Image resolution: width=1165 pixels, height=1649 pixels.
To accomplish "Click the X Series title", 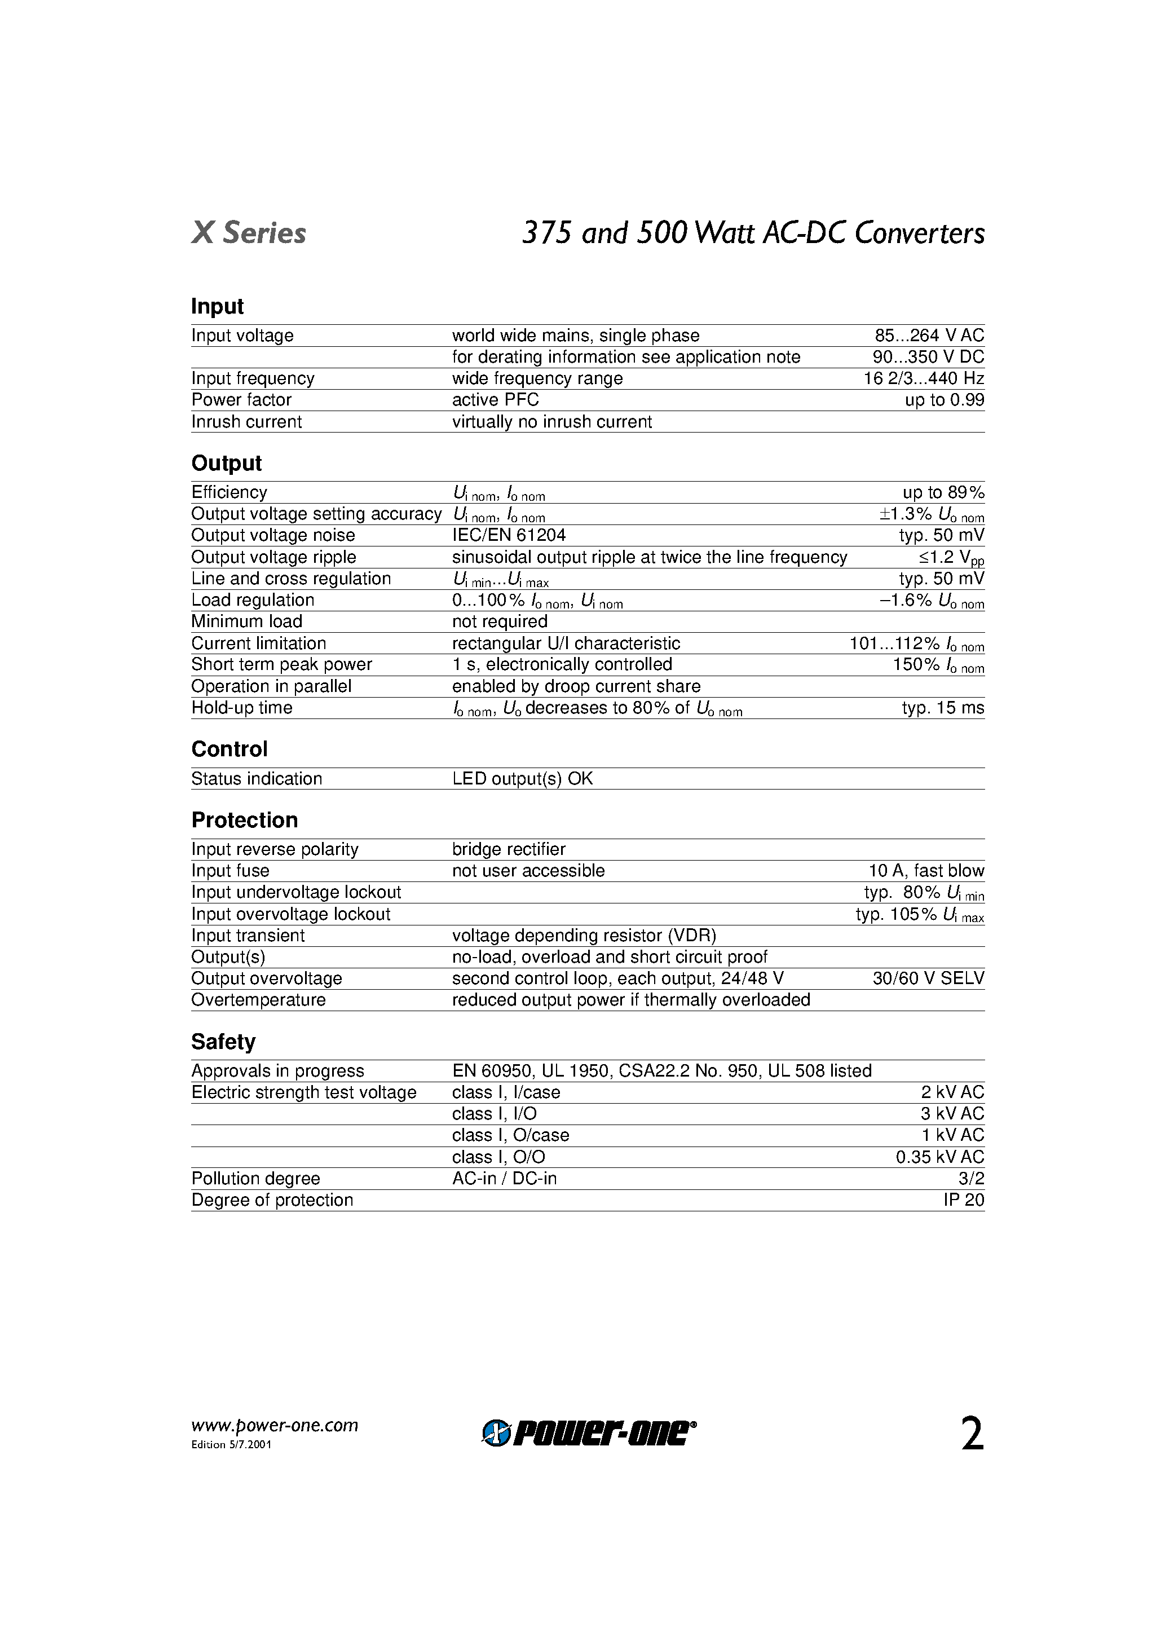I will point(249,233).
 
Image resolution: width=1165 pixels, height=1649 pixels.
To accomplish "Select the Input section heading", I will point(217,306).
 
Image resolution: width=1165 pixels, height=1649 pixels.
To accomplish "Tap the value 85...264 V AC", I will point(929,336).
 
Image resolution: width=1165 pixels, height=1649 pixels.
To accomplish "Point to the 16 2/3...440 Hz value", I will point(923,378).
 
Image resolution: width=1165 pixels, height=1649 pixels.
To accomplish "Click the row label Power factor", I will point(241,400).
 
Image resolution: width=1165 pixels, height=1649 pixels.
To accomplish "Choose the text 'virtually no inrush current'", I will point(551,422).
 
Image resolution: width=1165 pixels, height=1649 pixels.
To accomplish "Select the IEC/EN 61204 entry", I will point(509,535).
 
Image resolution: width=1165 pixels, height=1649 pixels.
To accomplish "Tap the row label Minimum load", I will point(246,621).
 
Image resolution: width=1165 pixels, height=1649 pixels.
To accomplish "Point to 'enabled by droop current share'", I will point(576,686).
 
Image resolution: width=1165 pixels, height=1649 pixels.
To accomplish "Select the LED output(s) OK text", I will point(522,778).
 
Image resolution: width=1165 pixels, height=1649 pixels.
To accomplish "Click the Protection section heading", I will point(244,820).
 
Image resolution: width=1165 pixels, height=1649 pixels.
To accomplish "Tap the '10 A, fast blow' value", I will point(926,871).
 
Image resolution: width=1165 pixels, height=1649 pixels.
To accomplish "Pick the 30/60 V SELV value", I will point(928,978).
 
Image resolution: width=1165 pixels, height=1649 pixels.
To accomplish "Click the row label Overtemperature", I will point(258,1000).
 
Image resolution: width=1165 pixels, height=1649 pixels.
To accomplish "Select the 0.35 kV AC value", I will point(939,1157).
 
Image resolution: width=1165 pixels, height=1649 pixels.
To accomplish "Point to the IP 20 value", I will point(963,1200).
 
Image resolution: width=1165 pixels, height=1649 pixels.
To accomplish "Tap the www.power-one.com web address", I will point(275,1426).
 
